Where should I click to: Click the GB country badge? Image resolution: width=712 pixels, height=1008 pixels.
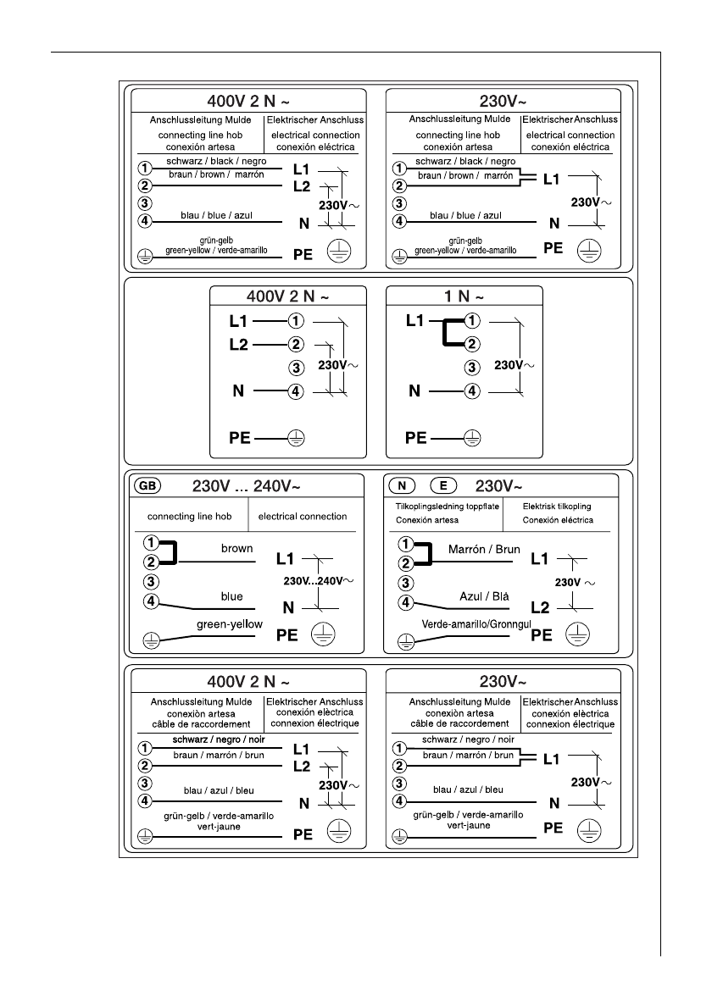point(147,486)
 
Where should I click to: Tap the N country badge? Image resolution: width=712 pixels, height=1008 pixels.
point(403,486)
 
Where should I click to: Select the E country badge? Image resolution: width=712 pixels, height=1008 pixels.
point(443,486)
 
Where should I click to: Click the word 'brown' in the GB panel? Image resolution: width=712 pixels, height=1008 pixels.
point(236,548)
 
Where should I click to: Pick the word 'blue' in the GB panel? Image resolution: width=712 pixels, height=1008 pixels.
point(231,596)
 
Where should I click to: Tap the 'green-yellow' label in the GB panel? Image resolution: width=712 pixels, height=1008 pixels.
point(229,624)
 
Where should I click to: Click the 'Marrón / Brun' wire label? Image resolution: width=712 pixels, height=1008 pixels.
point(483,549)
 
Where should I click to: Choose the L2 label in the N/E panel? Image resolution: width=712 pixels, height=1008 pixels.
point(540,607)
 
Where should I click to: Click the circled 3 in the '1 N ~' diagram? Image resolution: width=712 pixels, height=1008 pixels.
point(472,368)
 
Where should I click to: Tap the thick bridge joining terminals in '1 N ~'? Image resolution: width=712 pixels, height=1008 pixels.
point(444,333)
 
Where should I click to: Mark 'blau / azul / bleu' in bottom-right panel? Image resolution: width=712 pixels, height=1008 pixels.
point(468,789)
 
